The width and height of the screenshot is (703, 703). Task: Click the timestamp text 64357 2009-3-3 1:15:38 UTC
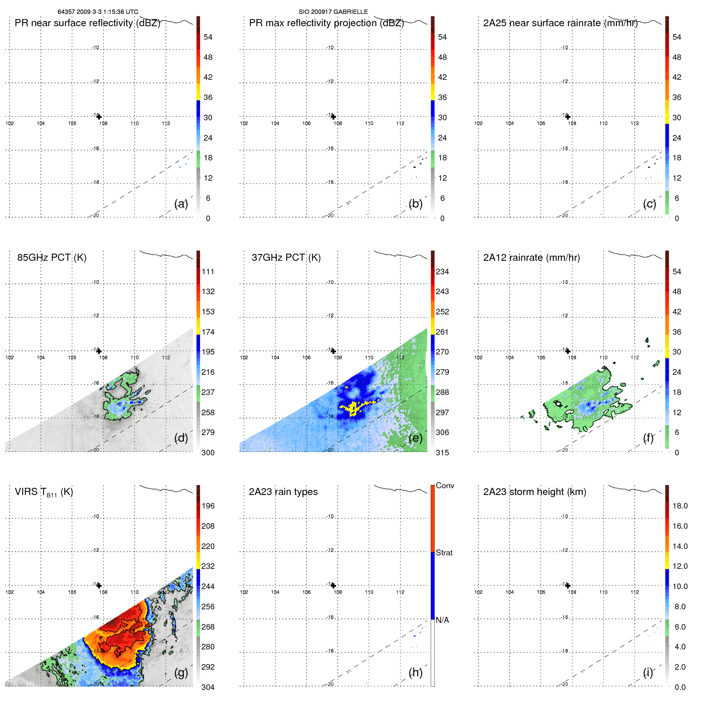coord(98,12)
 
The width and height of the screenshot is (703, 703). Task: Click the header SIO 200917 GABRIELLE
coord(333,12)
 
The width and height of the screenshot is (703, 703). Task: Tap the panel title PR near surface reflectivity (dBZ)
coord(87,23)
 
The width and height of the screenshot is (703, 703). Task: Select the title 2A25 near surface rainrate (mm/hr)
coord(560,23)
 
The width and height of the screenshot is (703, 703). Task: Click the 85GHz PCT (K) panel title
coord(52,258)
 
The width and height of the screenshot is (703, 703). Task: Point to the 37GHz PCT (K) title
coord(286,258)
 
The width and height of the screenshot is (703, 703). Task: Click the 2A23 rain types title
coord(283,492)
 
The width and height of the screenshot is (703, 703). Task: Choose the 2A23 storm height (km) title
coord(534,492)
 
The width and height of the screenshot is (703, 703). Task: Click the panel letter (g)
coord(181,672)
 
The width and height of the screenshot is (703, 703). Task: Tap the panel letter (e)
coord(415,438)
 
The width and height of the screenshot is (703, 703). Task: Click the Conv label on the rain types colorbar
coord(445,485)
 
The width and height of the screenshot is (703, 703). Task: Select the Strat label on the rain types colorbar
coord(444,553)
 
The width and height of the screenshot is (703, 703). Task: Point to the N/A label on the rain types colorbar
coord(442,620)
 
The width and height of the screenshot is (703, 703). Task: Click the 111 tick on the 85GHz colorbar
coord(208,272)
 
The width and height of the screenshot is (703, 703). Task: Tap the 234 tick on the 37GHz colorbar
coord(442,272)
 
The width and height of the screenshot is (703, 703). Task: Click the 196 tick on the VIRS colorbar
coord(208,506)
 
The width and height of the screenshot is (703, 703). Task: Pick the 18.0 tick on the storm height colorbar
coord(680,506)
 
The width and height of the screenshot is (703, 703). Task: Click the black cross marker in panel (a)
coord(99,117)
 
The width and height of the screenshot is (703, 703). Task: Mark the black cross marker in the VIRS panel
coord(99,586)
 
